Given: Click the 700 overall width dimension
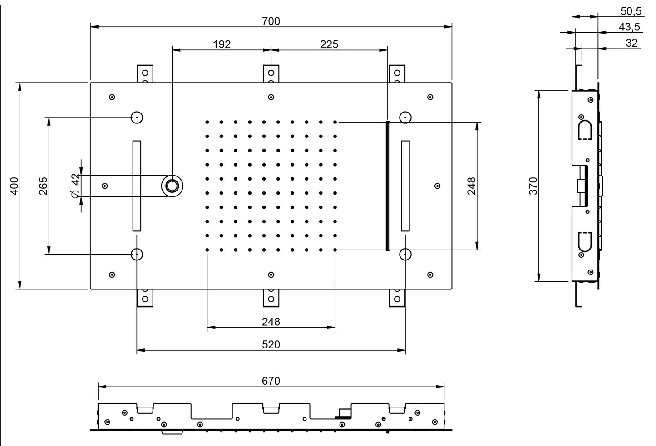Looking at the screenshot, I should (271, 21).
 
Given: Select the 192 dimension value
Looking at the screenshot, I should (222, 44).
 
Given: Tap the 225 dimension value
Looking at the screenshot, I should (329, 44).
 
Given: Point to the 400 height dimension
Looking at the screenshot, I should (15, 186).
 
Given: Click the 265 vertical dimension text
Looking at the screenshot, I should (43, 186).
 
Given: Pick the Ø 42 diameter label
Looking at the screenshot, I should (76, 186).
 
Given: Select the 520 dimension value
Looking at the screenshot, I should (271, 344).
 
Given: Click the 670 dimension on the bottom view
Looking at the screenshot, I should (271, 381).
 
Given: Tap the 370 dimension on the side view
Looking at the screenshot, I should (533, 186).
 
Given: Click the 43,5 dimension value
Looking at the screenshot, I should (629, 27).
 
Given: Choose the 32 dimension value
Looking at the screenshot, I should (631, 43).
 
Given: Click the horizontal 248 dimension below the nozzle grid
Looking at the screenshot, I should (271, 322).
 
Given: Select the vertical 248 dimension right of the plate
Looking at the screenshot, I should (471, 186).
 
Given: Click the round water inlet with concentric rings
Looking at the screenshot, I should (173, 186).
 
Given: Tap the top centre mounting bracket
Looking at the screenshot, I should (271, 74).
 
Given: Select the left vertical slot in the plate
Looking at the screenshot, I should (137, 186).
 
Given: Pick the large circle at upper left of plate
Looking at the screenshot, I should (137, 118).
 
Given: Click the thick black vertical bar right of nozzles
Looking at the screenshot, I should (388, 186).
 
